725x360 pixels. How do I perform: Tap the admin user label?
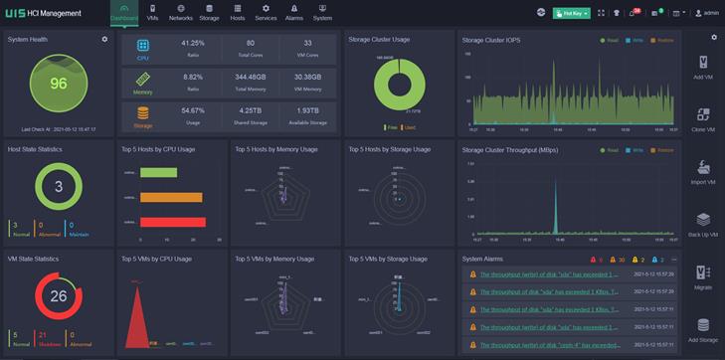(710, 13)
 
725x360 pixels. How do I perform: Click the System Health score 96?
(59, 84)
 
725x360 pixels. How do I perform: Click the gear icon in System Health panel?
(104, 39)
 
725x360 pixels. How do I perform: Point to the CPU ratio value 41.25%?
(193, 44)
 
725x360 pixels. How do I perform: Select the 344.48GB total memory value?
(250, 76)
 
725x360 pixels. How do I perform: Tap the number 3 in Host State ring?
(59, 187)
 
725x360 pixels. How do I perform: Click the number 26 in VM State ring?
(59, 295)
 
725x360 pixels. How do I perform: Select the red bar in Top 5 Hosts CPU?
(172, 222)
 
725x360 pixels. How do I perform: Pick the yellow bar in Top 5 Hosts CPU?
(171, 197)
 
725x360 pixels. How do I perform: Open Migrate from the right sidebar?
(703, 278)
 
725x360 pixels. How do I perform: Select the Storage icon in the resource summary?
(143, 113)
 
